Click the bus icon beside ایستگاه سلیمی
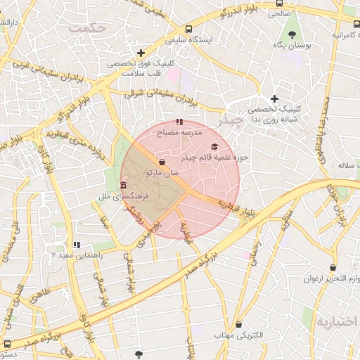pos(188,29)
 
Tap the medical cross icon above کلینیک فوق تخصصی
pos(141,53)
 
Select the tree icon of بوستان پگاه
pos(290,34)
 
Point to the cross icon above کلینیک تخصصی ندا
pos(274,98)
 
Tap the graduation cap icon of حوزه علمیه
pos(214,146)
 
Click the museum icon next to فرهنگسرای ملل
pos(124,186)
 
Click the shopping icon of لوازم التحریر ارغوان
pos(314,269)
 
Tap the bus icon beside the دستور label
pos(7,344)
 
